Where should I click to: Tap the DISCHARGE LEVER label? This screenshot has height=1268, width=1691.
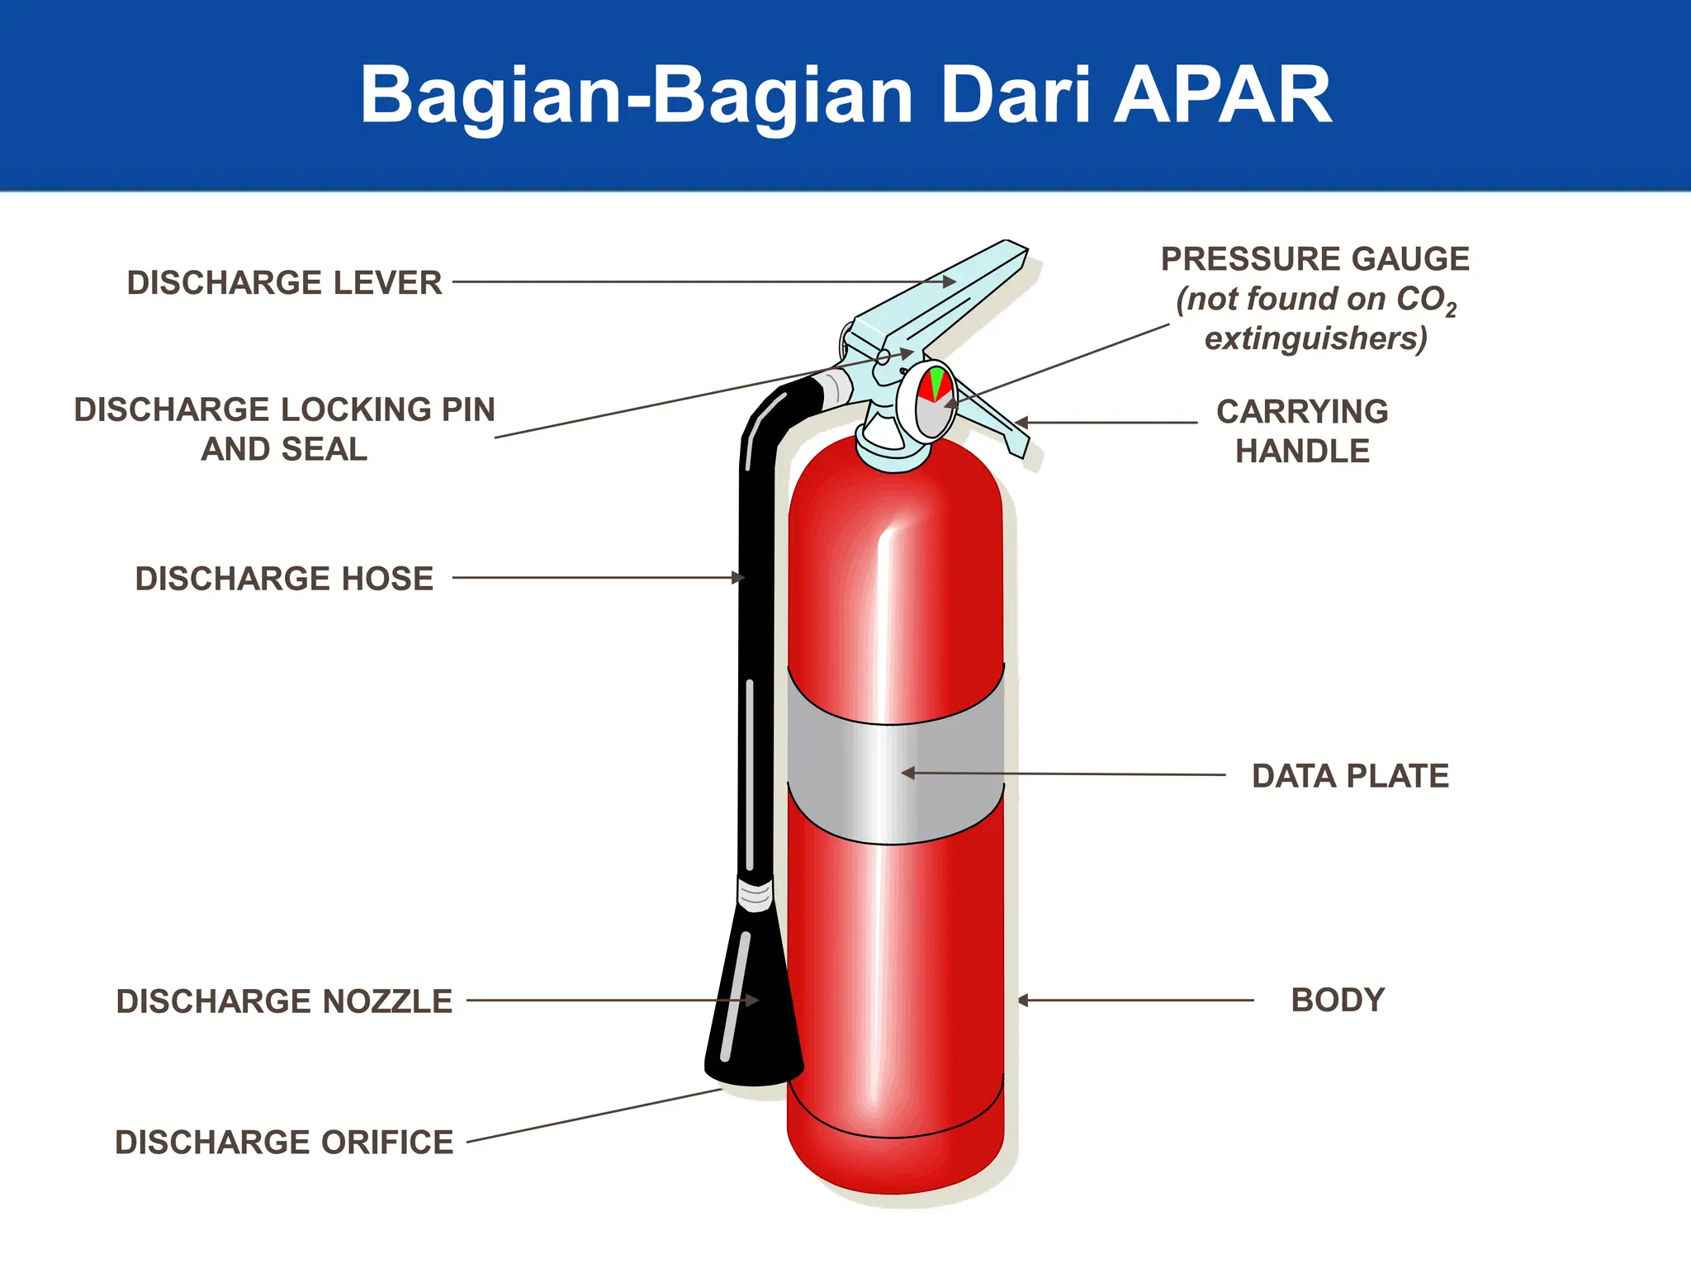[284, 282]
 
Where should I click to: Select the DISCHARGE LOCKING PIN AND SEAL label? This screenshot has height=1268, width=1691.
[284, 429]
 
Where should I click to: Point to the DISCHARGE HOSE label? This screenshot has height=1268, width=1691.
[284, 579]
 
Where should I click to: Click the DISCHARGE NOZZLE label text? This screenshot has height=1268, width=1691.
[284, 1001]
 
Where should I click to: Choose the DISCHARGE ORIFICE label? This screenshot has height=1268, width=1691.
[284, 1143]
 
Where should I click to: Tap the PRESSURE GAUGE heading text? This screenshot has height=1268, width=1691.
[1314, 259]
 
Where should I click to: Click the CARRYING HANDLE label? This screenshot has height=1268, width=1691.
[1302, 431]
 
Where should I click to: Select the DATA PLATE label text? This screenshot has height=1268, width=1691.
[1350, 776]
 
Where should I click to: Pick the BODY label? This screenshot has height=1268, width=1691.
[1338, 1000]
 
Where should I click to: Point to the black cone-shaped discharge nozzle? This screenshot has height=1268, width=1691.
[753, 1007]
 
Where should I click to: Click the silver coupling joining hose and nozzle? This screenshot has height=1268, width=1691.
[755, 894]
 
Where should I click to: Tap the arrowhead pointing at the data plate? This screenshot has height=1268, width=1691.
[908, 774]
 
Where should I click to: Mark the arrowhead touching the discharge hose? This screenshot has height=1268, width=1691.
[739, 578]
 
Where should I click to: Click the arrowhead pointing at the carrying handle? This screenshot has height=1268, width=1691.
[1021, 422]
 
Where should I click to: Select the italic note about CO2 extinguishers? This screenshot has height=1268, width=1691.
[1316, 319]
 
